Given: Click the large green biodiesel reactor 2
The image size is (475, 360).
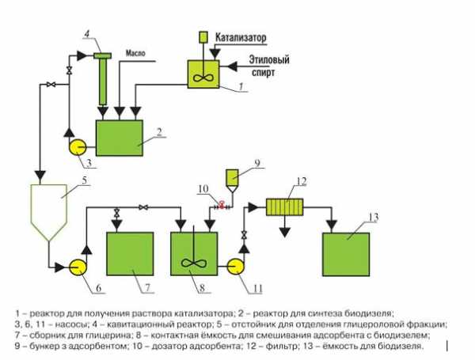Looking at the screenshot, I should click(119, 137).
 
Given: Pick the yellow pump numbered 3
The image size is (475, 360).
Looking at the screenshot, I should click(76, 147).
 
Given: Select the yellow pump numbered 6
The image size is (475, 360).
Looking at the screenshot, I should click(76, 267).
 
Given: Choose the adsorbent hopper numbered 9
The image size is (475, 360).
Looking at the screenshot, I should click(232, 177).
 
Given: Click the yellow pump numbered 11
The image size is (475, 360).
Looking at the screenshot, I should click(235, 266).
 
